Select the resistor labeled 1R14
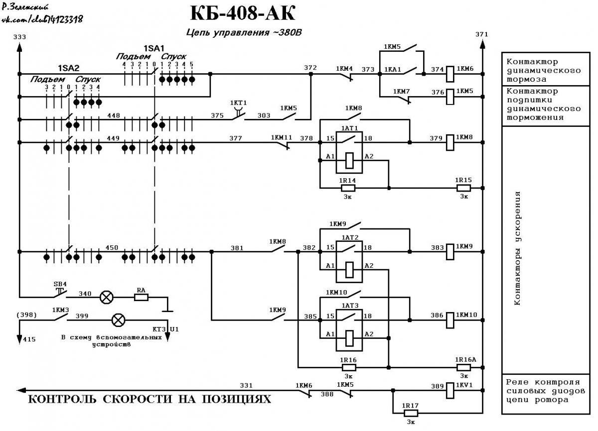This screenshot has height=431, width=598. point(348,188)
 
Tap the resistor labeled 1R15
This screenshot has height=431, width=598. point(463,188)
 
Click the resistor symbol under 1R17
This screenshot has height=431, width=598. point(411,414)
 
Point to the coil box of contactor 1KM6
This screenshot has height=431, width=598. point(450,74)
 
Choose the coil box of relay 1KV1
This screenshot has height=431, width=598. point(450,391)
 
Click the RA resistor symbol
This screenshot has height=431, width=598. point(141,297)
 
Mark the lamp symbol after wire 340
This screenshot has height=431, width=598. point(106,297)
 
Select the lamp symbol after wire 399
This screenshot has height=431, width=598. point(118,320)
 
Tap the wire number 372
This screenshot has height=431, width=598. point(310,68)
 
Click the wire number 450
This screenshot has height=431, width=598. point(112,248)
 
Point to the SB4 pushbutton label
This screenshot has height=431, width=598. point(60,284)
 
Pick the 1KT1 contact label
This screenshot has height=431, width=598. point(238,103)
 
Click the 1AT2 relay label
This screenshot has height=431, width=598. point(350,237)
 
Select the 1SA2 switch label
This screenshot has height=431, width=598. point(69,68)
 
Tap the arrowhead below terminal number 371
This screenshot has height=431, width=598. point(482,44)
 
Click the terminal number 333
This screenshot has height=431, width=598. point(20,37)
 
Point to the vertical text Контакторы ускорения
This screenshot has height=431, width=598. point(517,248)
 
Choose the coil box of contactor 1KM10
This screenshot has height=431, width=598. point(450,320)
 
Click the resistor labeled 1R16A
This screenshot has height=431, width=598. point(463,368)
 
